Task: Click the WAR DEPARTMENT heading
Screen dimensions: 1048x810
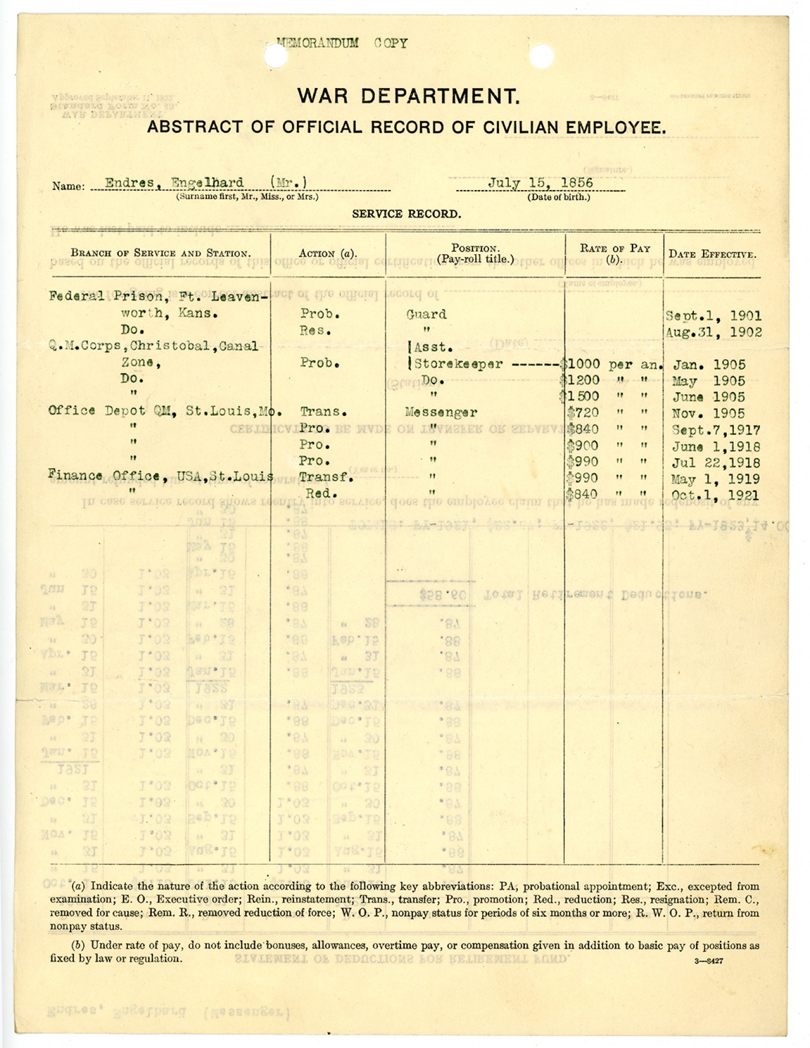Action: tap(408, 97)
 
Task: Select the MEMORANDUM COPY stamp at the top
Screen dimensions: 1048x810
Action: tap(342, 43)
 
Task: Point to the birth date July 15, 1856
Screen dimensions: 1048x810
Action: tap(541, 182)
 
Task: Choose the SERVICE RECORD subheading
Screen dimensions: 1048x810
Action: tap(407, 214)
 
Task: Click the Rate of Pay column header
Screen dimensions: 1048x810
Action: tap(615, 253)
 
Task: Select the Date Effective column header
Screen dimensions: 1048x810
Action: tap(712, 254)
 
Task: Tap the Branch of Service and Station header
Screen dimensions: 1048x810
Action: tap(160, 253)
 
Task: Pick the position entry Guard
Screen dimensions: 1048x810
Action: tap(427, 314)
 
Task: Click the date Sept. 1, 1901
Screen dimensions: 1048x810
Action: tap(713, 316)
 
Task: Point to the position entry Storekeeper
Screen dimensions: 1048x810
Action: tap(458, 364)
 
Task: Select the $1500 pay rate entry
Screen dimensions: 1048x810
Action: tap(581, 397)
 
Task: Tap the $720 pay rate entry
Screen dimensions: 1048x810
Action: tap(583, 413)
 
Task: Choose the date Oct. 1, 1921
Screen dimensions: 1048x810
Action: tap(714, 495)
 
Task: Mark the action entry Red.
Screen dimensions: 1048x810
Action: tap(322, 493)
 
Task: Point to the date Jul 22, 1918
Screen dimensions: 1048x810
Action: tap(716, 463)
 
